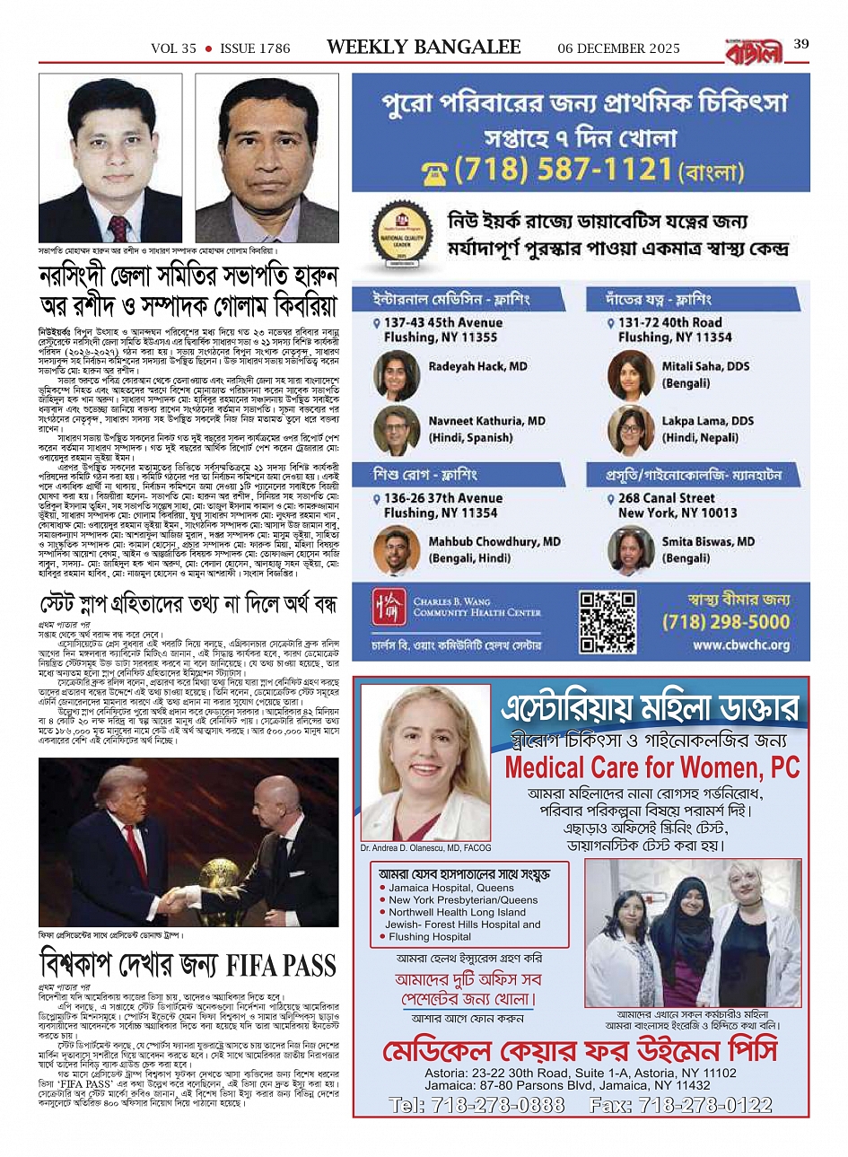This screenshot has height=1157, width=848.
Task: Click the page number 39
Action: coord(801,44)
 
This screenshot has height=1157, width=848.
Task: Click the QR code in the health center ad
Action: coord(608,620)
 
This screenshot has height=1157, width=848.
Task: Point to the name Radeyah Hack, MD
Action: coord(477,366)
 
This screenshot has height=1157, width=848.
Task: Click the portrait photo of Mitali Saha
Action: coord(631,374)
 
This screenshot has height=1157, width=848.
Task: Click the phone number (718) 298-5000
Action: coord(726,621)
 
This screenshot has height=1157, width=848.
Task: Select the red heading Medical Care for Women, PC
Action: coord(651,768)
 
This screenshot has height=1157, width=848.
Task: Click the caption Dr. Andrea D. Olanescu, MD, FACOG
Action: coord(425,847)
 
